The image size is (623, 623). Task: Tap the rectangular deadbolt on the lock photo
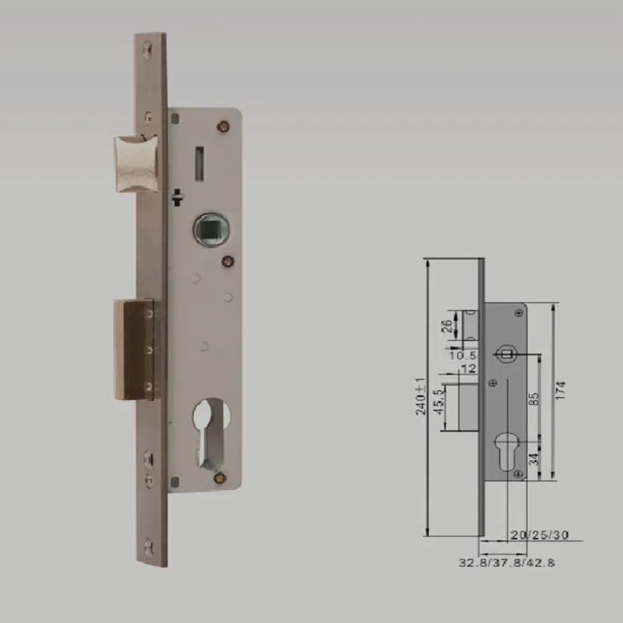coord(133,348)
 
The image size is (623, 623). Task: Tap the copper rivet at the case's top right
coord(226,123)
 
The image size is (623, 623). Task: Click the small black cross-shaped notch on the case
coord(179,195)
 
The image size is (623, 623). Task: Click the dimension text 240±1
coord(420,396)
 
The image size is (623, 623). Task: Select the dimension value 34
coord(534,459)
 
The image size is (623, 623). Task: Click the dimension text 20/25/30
coord(540,535)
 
